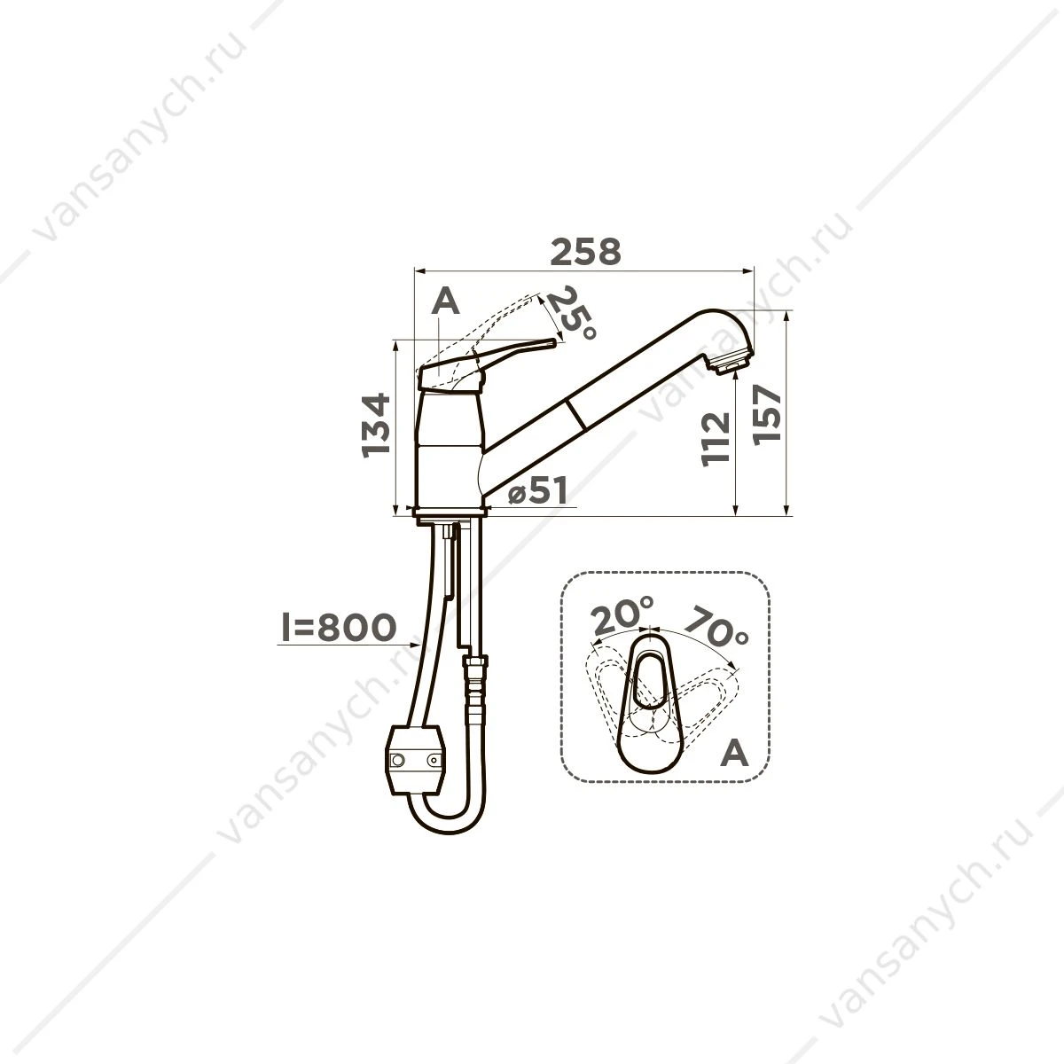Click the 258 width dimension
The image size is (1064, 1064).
tap(586, 252)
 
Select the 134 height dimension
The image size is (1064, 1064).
tap(377, 426)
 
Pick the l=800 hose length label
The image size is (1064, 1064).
tap(339, 628)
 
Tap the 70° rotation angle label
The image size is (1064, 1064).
tap(716, 627)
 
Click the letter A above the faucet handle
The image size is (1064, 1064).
tap(446, 301)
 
